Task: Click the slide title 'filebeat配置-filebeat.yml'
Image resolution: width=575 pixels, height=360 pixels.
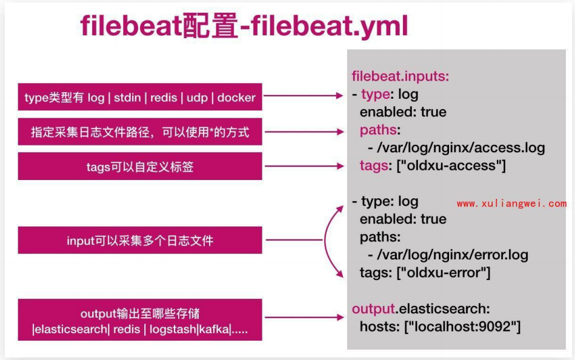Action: click(x=244, y=27)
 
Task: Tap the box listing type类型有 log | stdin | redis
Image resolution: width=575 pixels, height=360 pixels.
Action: click(x=140, y=97)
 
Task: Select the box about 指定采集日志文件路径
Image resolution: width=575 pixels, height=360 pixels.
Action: click(x=140, y=132)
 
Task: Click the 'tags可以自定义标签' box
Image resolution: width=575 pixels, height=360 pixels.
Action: click(x=140, y=167)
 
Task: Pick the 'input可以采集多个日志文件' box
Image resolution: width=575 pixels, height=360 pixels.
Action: click(x=140, y=241)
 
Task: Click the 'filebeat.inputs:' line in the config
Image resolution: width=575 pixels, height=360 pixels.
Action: click(x=400, y=77)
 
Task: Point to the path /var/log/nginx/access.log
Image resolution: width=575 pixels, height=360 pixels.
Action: click(x=456, y=147)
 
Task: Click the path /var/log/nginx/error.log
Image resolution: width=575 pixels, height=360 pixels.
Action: click(x=447, y=255)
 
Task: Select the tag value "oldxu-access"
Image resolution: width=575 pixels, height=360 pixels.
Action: click(x=451, y=165)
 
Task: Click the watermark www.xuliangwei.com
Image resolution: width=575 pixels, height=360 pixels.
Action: click(x=511, y=204)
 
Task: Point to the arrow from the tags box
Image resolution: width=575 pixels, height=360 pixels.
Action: click(x=304, y=166)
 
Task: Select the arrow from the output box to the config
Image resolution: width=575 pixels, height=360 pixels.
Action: click(x=304, y=317)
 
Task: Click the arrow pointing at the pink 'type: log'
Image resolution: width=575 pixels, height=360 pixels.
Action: click(x=304, y=96)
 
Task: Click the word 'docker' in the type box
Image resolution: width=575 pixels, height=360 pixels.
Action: click(x=236, y=98)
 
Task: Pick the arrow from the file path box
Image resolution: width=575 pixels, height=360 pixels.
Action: click(x=304, y=131)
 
